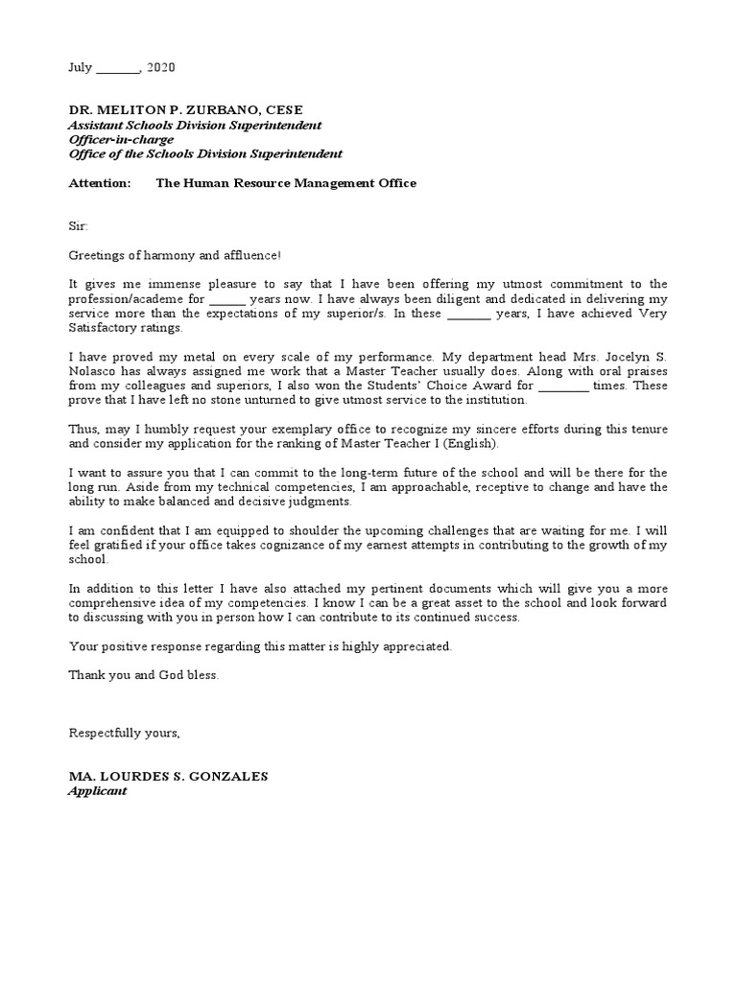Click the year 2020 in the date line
(x=161, y=68)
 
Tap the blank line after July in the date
(x=118, y=70)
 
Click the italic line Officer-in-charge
(x=121, y=139)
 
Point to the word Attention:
(x=99, y=183)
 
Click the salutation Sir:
(x=78, y=226)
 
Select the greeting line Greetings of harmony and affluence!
(x=176, y=255)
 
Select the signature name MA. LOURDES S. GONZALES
(x=168, y=776)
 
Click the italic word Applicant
(x=97, y=791)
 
